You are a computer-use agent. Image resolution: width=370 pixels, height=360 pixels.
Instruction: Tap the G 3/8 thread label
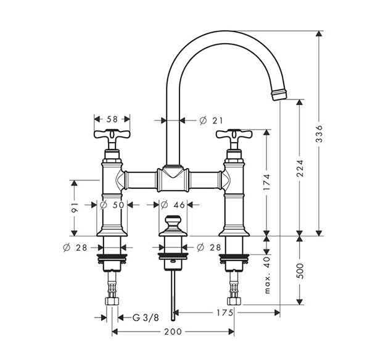coord(146,317)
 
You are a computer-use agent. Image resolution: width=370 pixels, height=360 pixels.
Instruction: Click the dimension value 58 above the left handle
coord(112,117)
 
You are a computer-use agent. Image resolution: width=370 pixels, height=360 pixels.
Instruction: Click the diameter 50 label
coord(113,204)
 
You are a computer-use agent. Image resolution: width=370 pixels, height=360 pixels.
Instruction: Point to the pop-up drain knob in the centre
coord(172,222)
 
